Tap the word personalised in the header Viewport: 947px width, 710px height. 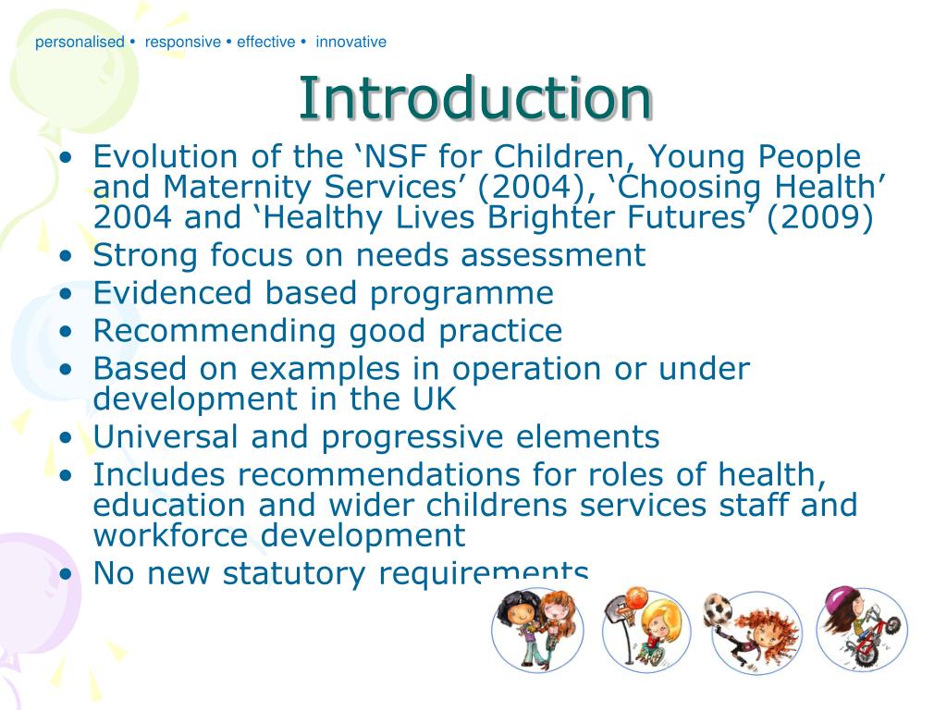(x=80, y=42)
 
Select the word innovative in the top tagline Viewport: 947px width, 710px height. (x=351, y=42)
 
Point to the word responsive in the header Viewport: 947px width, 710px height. (x=183, y=42)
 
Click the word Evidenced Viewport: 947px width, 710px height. (x=174, y=293)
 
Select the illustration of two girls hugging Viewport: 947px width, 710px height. (x=535, y=629)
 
